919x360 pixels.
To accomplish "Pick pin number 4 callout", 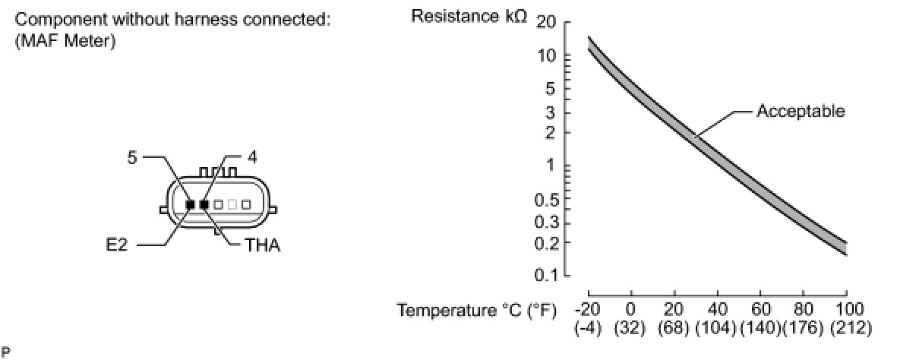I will (252, 157).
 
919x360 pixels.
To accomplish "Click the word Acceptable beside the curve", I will (801, 112).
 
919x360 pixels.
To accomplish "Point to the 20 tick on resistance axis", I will (546, 22).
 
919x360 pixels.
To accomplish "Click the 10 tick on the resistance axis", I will (546, 56).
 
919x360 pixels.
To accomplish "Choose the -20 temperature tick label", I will (588, 309).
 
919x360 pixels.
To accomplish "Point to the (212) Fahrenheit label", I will (851, 329).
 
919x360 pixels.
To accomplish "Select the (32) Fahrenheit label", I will (630, 329).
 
